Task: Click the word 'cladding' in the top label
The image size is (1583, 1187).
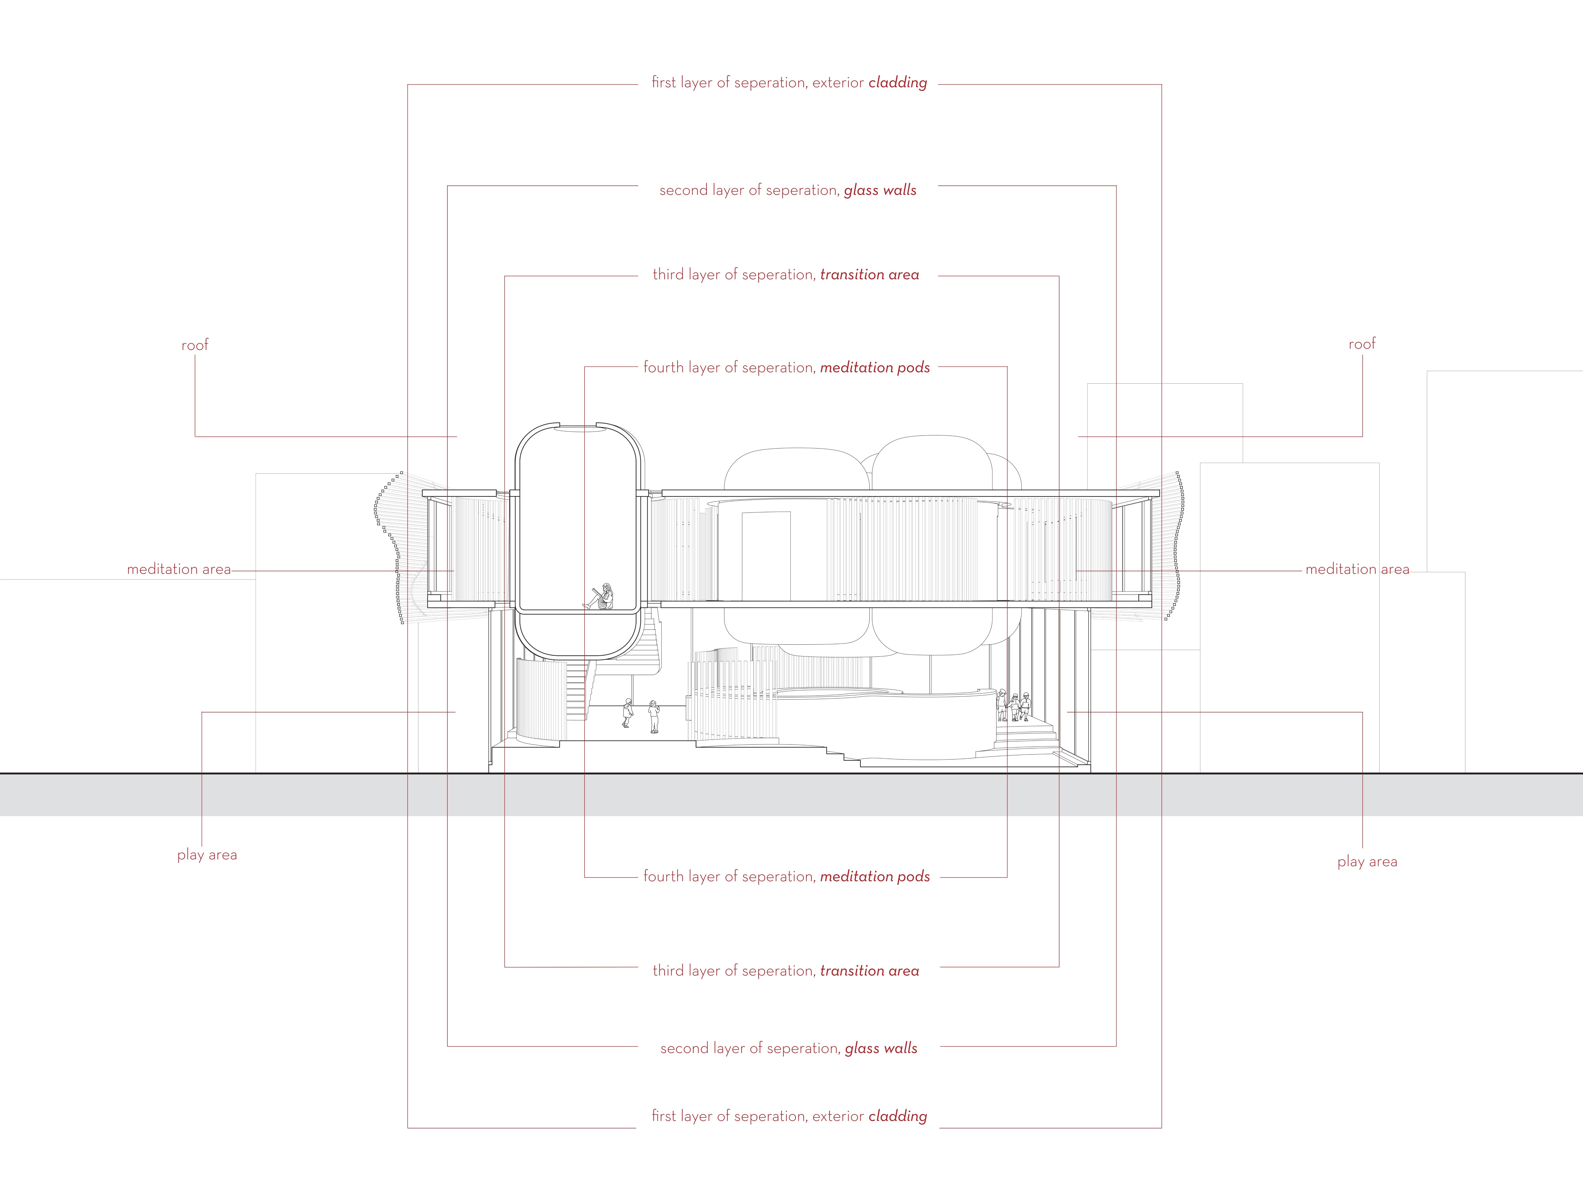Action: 897,83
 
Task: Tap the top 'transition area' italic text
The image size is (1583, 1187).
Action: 870,275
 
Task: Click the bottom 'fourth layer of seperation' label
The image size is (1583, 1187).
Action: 729,877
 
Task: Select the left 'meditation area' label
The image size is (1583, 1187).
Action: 179,570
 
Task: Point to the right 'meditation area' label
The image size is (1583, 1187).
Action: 1357,570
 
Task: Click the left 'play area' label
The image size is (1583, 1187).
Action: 207,855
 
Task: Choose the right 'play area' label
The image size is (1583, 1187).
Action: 1367,862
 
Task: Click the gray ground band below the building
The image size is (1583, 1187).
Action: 787,794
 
